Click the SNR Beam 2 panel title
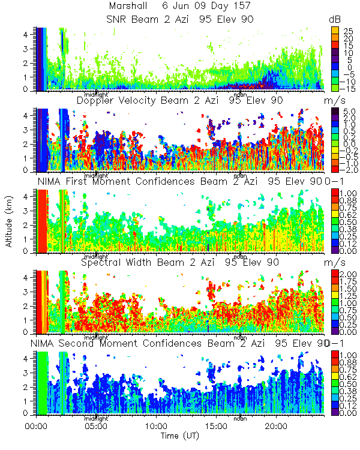[179, 19]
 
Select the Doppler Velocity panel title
[179, 100]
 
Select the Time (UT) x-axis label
[179, 436]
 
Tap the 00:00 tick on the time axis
[37, 426]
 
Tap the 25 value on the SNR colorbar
[347, 29]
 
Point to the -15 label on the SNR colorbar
[347, 87]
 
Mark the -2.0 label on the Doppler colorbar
[347, 169]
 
